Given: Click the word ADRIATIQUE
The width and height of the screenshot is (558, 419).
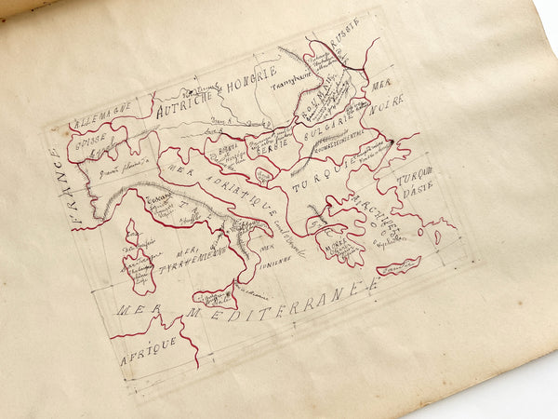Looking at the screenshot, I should coord(238,193).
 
